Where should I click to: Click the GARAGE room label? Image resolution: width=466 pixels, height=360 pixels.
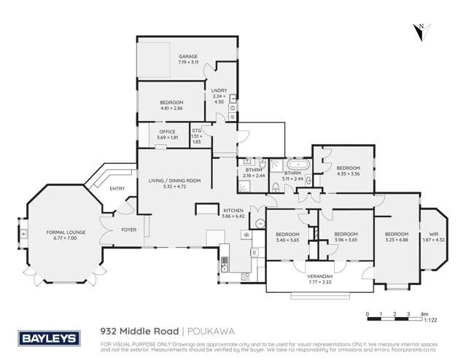[188, 56]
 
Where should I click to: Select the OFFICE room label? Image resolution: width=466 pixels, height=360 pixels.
[167, 131]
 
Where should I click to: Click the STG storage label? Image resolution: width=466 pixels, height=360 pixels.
[196, 131]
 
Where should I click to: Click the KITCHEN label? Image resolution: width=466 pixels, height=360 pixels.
[233, 209]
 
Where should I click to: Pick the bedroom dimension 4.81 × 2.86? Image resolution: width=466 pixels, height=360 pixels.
[171, 108]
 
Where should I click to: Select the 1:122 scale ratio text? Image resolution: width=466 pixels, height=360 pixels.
[432, 320]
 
